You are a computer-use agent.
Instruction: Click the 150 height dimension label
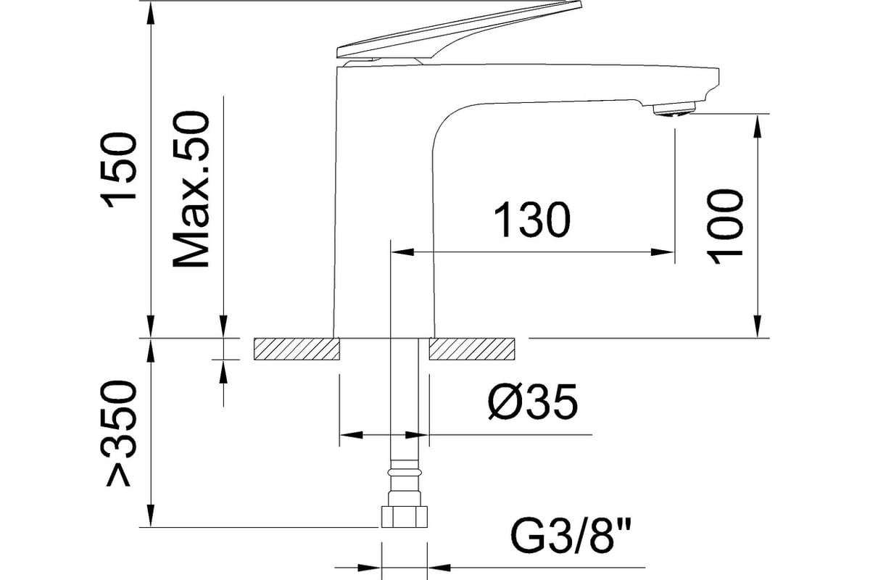pos(119,171)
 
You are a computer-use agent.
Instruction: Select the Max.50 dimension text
pos(191,189)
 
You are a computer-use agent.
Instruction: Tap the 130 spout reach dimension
pos(532,220)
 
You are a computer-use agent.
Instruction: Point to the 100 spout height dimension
pos(725,227)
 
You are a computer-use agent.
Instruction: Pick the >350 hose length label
pos(119,434)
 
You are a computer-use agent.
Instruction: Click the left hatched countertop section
pos(297,349)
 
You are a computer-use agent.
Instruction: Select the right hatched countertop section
pos(472,349)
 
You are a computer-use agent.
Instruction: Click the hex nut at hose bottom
pos(405,517)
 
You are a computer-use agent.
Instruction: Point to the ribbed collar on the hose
pos(405,471)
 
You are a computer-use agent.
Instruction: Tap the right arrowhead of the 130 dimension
pos(663,252)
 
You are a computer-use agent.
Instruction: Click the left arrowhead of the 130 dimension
pos(402,252)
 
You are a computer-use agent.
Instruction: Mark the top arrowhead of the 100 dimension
pos(758,126)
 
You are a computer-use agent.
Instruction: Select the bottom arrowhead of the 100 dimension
pos(758,326)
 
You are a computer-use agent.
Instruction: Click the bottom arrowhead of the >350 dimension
pos(151,515)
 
